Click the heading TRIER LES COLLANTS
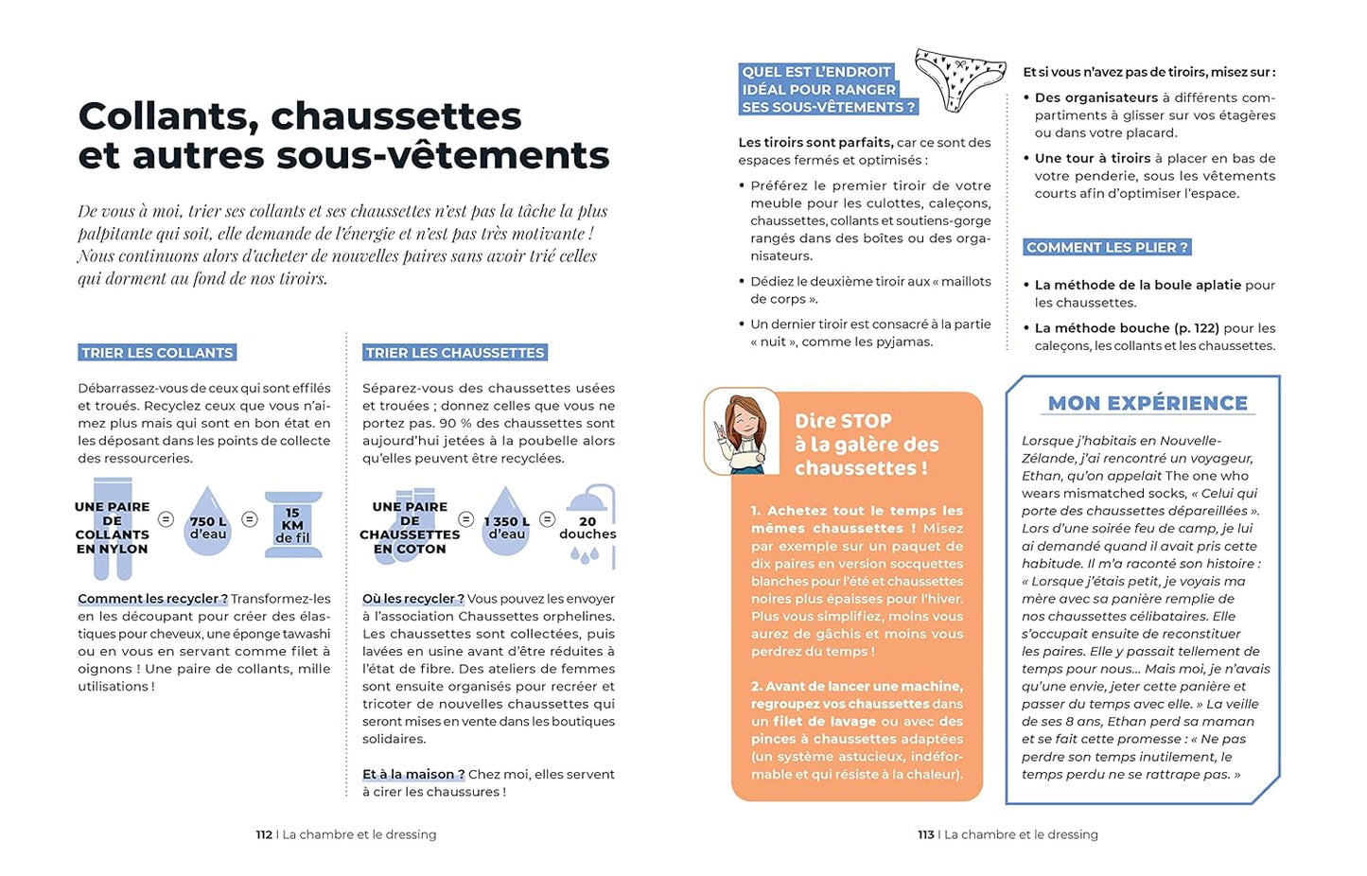coord(157,353)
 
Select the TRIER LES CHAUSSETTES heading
coord(455,353)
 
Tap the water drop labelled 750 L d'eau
coord(208,522)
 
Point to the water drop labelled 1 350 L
coord(506,522)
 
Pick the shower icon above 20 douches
coord(589,499)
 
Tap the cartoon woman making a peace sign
coord(743,434)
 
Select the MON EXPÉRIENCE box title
coord(1148,403)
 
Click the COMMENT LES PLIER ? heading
coord(1107,248)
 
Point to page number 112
coord(264,834)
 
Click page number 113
coord(925,834)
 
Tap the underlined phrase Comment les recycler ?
coord(152,599)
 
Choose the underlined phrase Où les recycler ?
coord(412,599)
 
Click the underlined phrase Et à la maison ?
coord(413,774)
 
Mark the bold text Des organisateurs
coord(1095,97)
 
